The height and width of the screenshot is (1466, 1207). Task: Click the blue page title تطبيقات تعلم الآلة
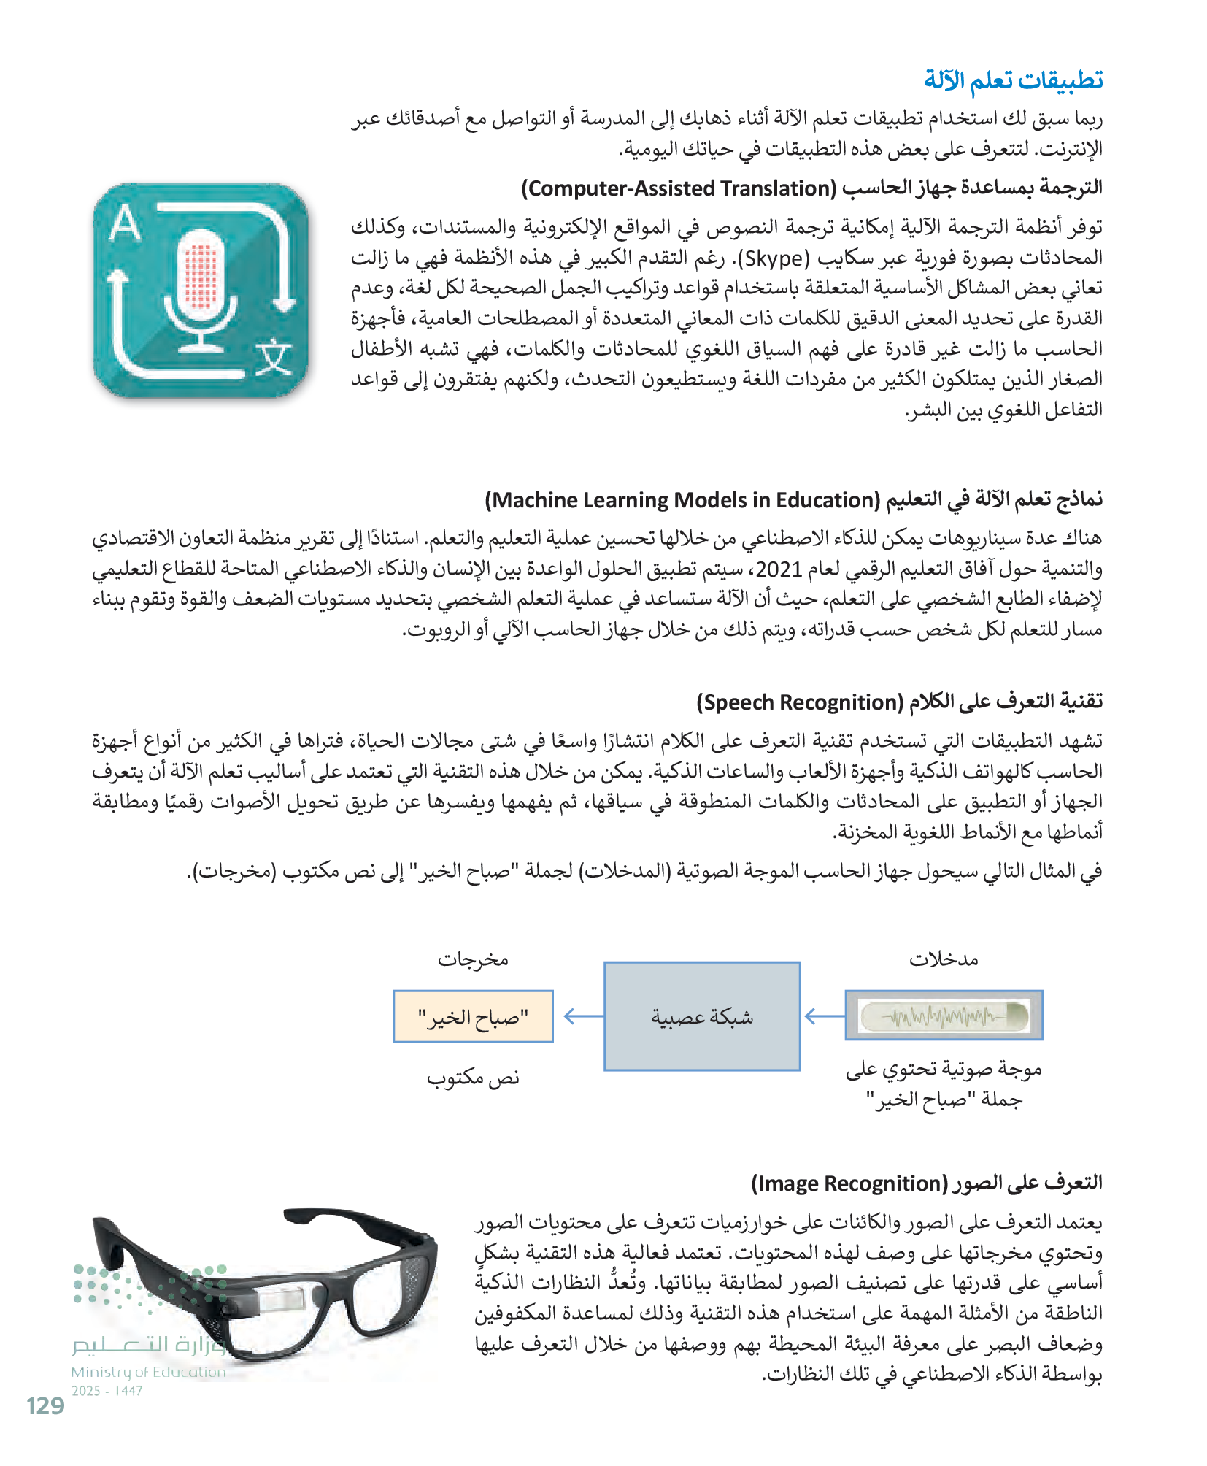pyautogui.click(x=1012, y=80)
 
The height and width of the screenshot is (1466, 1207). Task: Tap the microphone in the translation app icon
pyautogui.click(x=200, y=288)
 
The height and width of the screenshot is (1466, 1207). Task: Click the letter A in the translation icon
pyautogui.click(x=125, y=223)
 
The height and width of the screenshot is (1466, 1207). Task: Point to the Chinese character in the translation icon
pyautogui.click(x=273, y=358)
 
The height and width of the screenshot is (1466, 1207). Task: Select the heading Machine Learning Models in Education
pyautogui.click(x=683, y=500)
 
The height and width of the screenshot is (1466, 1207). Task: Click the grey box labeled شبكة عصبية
pyautogui.click(x=702, y=1016)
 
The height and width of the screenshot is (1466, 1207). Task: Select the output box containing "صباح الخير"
pyautogui.click(x=473, y=1016)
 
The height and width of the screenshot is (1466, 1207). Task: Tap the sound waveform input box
pyautogui.click(x=944, y=1016)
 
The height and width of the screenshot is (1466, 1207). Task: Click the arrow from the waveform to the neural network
pyautogui.click(x=823, y=1016)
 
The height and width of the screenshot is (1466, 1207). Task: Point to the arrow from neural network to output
pyautogui.click(x=583, y=1016)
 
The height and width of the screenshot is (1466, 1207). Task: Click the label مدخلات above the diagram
pyautogui.click(x=943, y=959)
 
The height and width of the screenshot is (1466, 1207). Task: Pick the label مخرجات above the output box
pyautogui.click(x=473, y=959)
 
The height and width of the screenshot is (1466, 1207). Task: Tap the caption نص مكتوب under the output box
pyautogui.click(x=473, y=1078)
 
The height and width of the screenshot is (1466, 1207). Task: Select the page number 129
pyautogui.click(x=45, y=1405)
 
